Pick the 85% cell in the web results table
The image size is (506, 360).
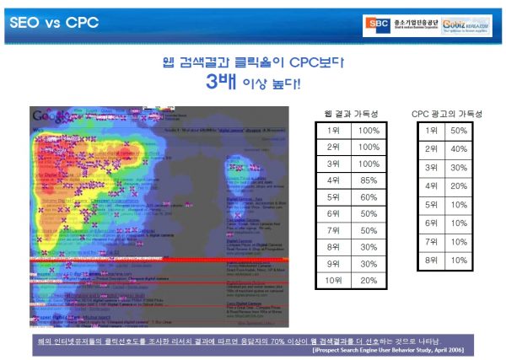coord(369,180)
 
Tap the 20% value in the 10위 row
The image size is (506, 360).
coord(369,280)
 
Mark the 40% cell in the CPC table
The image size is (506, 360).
coord(459,149)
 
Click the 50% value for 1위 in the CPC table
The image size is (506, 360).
coord(459,130)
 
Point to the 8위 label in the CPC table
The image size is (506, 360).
coord(430,261)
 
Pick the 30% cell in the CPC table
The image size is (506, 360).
coord(459,168)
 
